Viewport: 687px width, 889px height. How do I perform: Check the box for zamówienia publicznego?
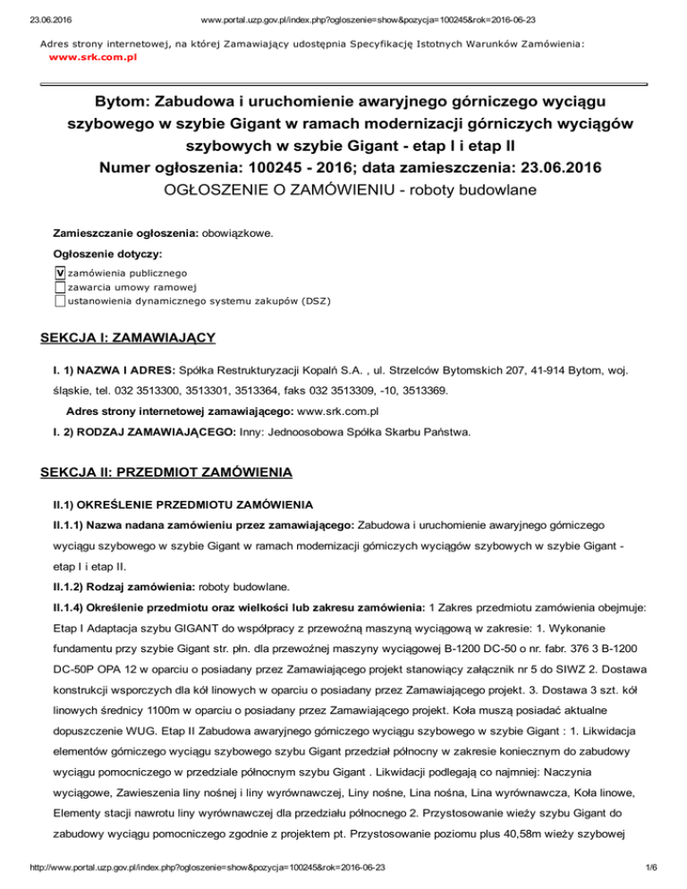[59, 272]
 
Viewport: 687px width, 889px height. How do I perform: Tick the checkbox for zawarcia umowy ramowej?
[59, 286]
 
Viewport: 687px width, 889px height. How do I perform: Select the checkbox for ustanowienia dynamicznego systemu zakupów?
[59, 301]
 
